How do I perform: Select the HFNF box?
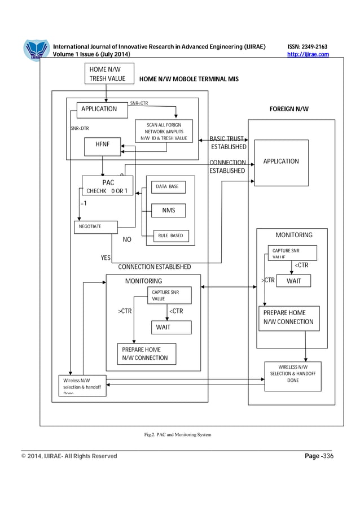[102, 145]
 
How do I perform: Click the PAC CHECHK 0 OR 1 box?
[107, 186]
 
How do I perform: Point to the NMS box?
[168, 211]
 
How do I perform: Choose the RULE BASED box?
[170, 235]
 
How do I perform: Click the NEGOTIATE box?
[95, 227]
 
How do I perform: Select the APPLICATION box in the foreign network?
[281, 162]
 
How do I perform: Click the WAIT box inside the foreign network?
[293, 281]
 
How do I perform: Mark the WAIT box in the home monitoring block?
[163, 327]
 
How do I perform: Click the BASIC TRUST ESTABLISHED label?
[228, 143]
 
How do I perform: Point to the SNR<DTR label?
[80, 128]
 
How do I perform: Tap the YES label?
[106, 258]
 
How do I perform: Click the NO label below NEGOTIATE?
[127, 239]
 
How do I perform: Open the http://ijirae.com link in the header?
[308, 54]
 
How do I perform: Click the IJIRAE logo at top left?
[36, 50]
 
